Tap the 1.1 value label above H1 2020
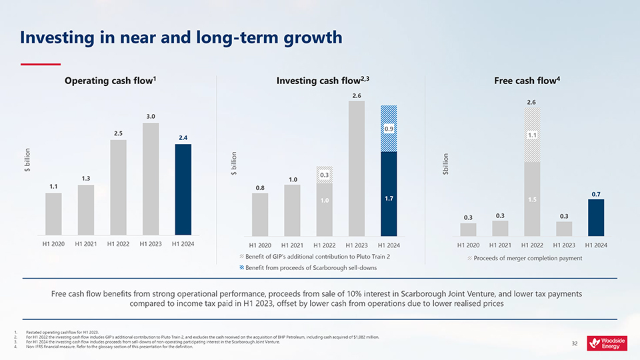click(53, 187)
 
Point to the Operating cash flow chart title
click(111, 81)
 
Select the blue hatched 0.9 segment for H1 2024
click(389, 128)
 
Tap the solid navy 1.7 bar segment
click(389, 198)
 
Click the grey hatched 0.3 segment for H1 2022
click(324, 175)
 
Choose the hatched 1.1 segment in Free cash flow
click(532, 135)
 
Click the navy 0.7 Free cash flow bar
click(596, 217)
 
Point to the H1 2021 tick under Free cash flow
click(500, 245)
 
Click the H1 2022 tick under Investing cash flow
click(324, 245)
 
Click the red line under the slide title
click(40, 64)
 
